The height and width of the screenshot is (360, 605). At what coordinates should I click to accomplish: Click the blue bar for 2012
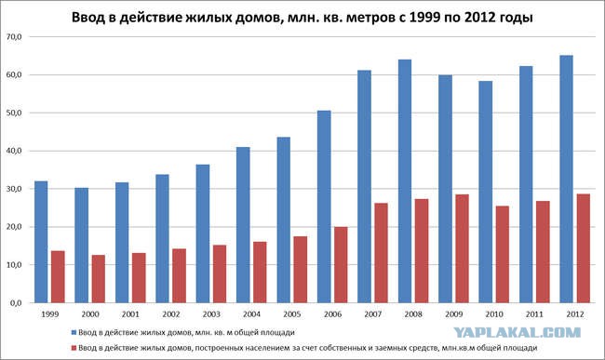[566, 180]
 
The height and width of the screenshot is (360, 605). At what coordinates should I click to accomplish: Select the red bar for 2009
[462, 248]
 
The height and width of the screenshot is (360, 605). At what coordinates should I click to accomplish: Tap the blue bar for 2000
[81, 246]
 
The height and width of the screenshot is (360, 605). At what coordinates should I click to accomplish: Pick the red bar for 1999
[58, 277]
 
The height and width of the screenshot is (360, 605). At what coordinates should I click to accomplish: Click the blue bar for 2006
[324, 207]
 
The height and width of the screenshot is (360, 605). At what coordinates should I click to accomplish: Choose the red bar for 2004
[260, 273]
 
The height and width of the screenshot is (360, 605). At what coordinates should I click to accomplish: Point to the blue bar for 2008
[405, 181]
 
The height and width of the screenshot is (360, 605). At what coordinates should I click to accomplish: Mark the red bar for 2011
[543, 252]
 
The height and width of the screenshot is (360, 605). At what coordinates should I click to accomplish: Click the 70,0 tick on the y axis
[14, 37]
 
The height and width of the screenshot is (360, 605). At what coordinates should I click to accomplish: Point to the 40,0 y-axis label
[14, 151]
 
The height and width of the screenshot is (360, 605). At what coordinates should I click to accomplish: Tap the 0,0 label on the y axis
[16, 303]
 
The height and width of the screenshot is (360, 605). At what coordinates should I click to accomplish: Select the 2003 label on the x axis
[211, 314]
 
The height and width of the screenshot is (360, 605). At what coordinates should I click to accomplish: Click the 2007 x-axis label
[373, 314]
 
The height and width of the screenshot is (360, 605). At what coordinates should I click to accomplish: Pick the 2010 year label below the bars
[494, 314]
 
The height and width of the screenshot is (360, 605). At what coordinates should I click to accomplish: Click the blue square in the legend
[74, 332]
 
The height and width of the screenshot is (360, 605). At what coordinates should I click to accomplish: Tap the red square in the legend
[74, 348]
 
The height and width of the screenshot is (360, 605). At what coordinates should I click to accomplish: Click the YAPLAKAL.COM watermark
[517, 332]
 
